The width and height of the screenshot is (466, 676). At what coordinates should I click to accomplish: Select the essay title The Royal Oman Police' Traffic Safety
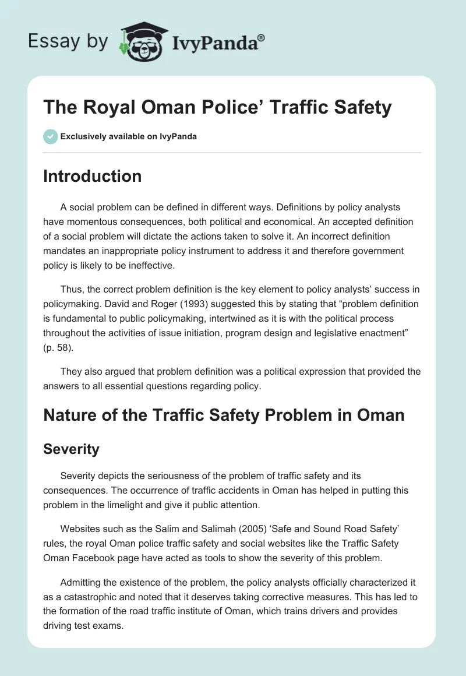point(217,108)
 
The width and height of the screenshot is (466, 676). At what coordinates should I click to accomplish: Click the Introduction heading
point(92,176)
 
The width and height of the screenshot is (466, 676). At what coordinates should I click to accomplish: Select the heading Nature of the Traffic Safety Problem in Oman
point(223,415)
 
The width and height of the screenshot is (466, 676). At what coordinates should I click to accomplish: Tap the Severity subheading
point(71,449)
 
